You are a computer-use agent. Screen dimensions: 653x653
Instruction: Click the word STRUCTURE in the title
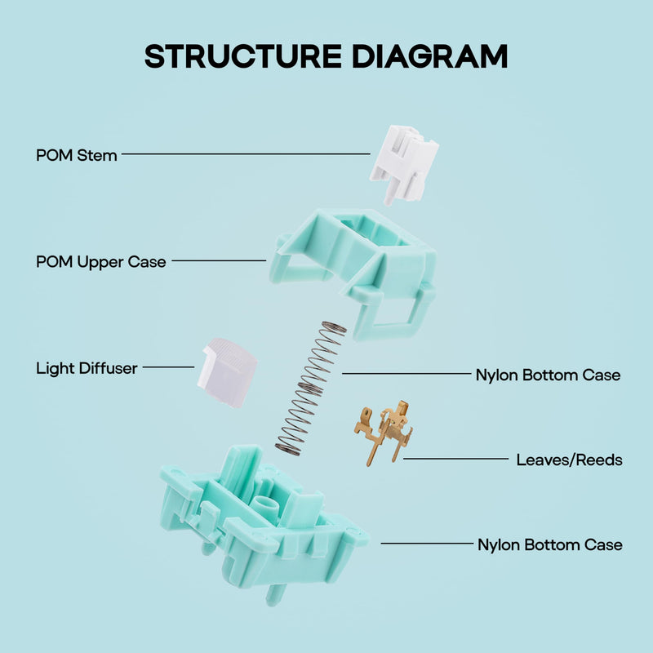pos(243,56)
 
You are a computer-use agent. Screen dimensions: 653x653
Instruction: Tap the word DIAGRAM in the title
pos(430,56)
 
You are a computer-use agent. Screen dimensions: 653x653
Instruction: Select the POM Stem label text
pos(77,155)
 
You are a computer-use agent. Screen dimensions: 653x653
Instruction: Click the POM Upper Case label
pos(101,262)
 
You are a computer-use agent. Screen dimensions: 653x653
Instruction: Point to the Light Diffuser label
pos(87,368)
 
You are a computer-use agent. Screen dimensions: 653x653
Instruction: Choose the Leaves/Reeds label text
pos(569,460)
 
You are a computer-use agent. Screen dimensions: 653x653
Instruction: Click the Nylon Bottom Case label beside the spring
pos(548,375)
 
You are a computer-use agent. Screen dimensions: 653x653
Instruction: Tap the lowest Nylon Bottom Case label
pos(549,544)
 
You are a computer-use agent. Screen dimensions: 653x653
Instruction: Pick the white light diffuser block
pos(227,372)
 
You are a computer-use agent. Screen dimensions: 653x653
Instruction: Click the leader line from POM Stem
pos(246,154)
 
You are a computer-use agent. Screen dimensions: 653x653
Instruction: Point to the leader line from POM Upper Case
pos(219,260)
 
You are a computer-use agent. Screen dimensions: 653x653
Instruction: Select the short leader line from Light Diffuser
pos(169,367)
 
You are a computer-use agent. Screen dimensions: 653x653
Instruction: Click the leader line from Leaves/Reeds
pos(456,459)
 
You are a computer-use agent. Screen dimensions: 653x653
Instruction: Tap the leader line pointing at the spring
pos(406,374)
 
